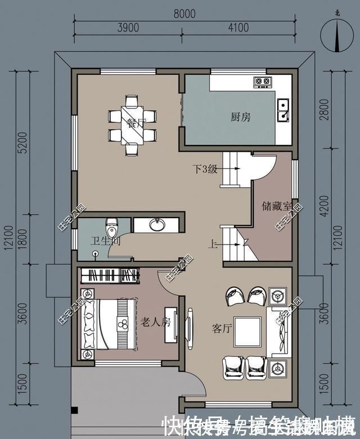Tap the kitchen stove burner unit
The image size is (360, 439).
262,82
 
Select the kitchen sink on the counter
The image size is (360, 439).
283,110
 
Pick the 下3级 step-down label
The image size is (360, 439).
205,169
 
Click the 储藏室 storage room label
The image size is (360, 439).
276,206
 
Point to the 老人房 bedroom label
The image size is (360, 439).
154,323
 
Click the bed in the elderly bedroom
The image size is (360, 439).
110,324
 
